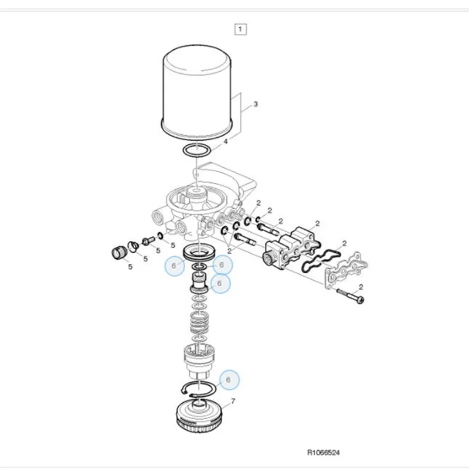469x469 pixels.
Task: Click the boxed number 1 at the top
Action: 241,28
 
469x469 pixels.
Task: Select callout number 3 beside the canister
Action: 255,105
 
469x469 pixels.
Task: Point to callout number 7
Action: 233,402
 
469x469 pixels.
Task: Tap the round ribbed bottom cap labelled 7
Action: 200,419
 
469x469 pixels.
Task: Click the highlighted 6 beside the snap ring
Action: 229,380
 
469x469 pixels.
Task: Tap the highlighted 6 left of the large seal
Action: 174,266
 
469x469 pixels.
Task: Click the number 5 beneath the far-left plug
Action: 130,267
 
